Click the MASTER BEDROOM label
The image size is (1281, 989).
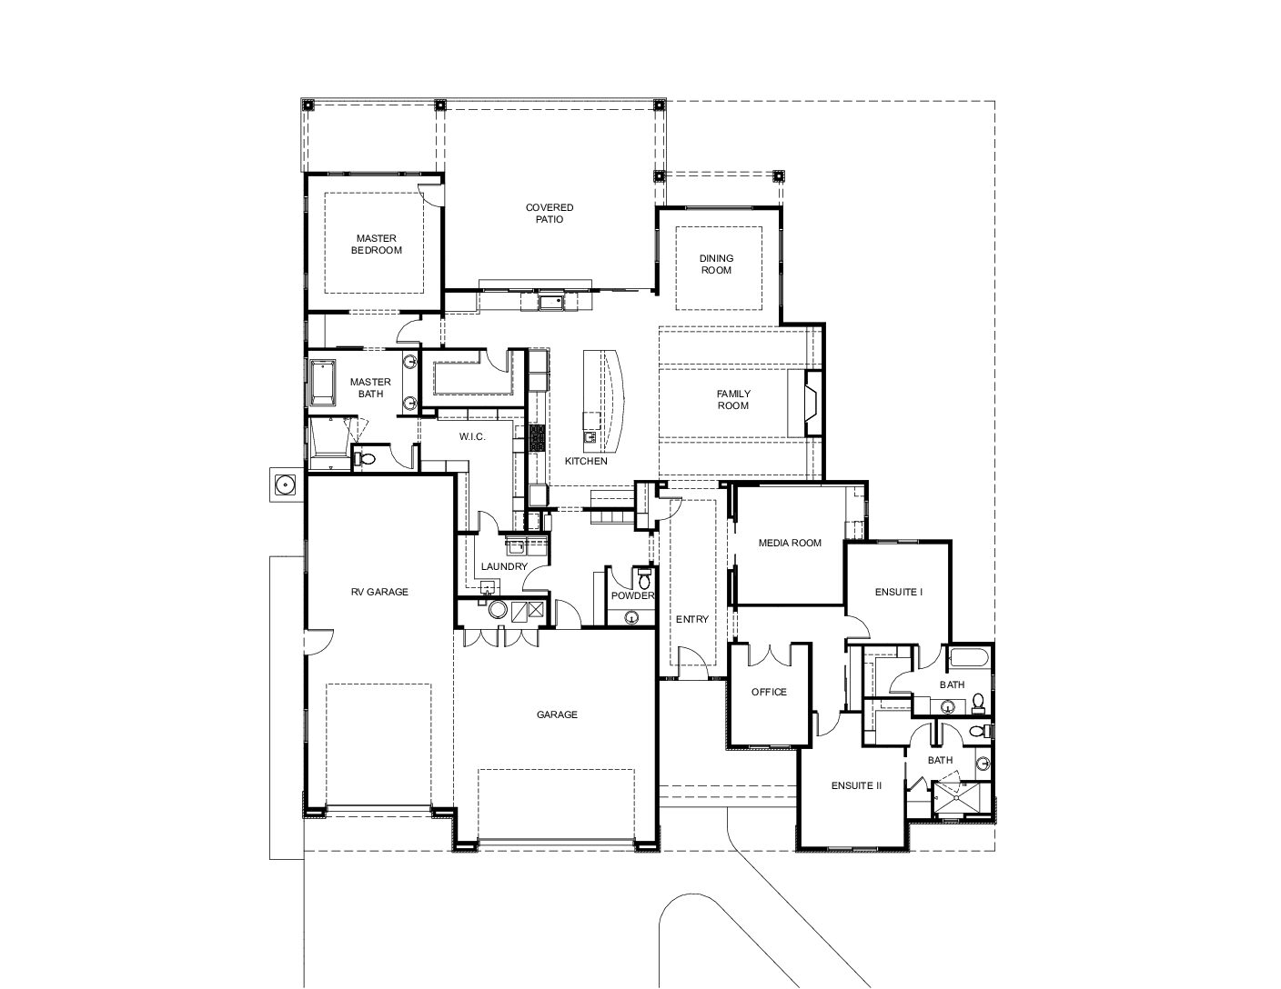click(x=376, y=244)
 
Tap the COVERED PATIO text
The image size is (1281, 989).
click(x=550, y=214)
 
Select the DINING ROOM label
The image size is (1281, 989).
click(x=716, y=264)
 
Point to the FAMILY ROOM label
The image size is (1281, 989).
click(x=733, y=399)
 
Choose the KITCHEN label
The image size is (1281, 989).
click(x=586, y=461)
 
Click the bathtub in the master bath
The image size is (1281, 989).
click(x=321, y=382)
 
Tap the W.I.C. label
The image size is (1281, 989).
click(x=472, y=436)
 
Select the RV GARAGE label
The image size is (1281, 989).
click(x=379, y=592)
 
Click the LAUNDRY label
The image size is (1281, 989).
click(x=504, y=566)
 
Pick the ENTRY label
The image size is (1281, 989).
click(x=692, y=619)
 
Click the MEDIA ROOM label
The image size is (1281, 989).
click(x=790, y=543)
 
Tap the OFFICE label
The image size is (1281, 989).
click(x=769, y=692)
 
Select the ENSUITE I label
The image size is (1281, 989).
click(x=898, y=592)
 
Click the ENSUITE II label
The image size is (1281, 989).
click(x=856, y=785)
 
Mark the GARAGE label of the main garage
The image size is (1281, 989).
click(x=557, y=714)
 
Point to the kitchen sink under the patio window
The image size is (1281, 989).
click(x=551, y=302)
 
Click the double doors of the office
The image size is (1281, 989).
click(x=770, y=655)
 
